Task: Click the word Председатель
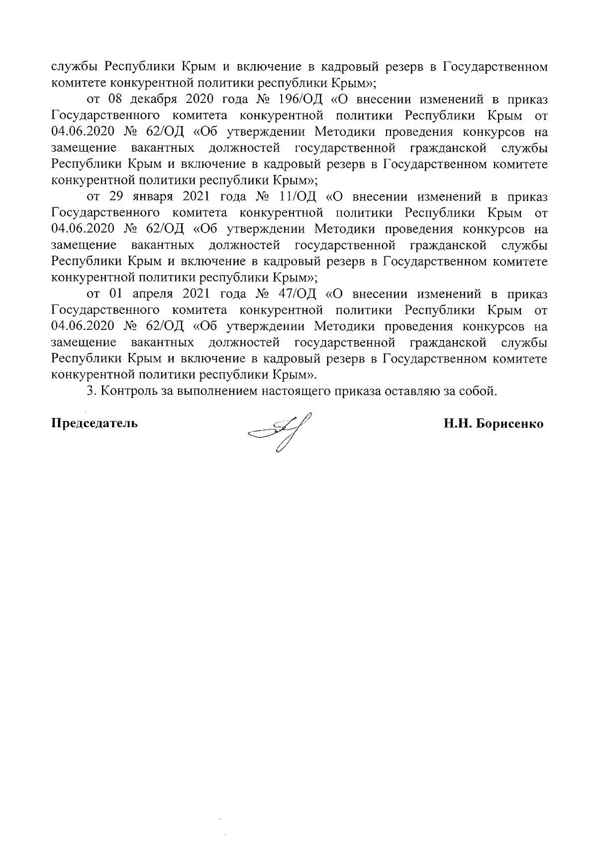pos(95,424)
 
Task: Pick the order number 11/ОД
pos(297,197)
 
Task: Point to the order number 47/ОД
pos(297,294)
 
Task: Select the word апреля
pos(151,294)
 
